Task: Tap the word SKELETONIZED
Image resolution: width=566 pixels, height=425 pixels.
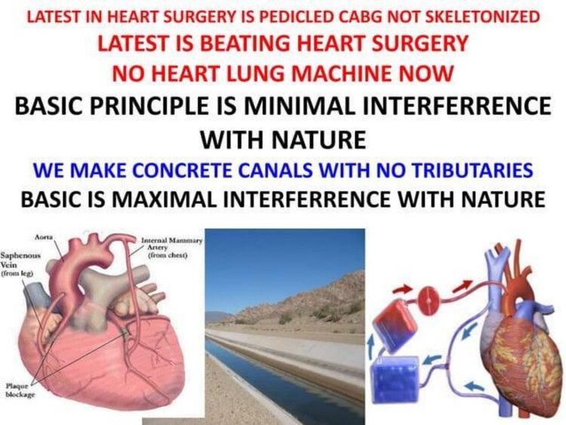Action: pos(483,17)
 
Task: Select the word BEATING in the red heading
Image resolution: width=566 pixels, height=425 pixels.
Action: pos(245,43)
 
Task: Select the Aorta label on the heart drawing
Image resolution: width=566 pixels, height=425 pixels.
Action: pos(44,237)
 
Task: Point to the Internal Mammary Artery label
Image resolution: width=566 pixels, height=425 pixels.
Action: pos(171,248)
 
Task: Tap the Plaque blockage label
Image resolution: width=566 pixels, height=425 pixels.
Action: pos(20,390)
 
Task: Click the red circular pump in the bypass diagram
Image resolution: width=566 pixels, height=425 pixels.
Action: pos(429,299)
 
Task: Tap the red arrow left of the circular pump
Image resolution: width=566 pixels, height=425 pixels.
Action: pos(402,289)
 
